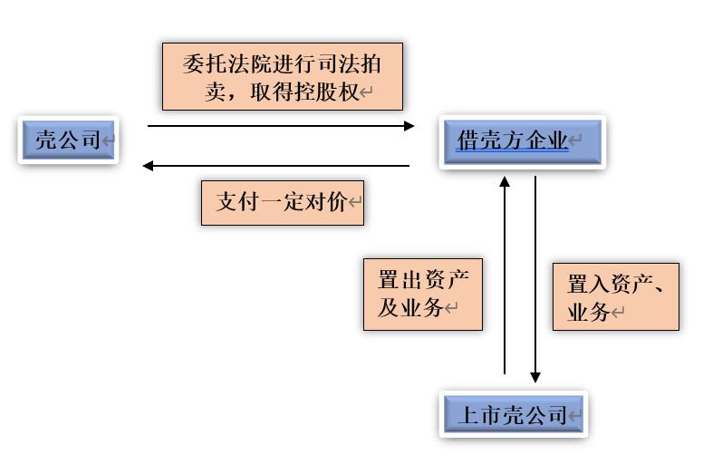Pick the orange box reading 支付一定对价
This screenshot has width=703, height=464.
pos(281,202)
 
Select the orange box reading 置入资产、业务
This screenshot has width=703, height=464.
pos(615,298)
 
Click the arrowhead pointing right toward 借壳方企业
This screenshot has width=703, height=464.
pos(409,126)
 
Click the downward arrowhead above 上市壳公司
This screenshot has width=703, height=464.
pos(535,377)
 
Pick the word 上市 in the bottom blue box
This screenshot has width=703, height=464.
pos(479,415)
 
